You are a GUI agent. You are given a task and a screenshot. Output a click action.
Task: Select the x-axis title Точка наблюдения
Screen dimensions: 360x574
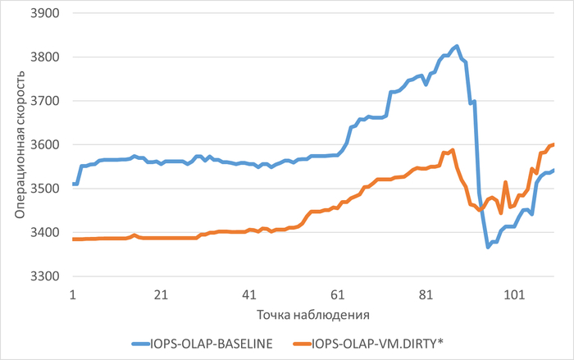point(312,314)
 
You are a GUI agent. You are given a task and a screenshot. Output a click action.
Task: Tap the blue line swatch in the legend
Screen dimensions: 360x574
point(140,344)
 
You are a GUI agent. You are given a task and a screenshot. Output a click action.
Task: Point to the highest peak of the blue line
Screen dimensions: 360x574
point(457,46)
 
